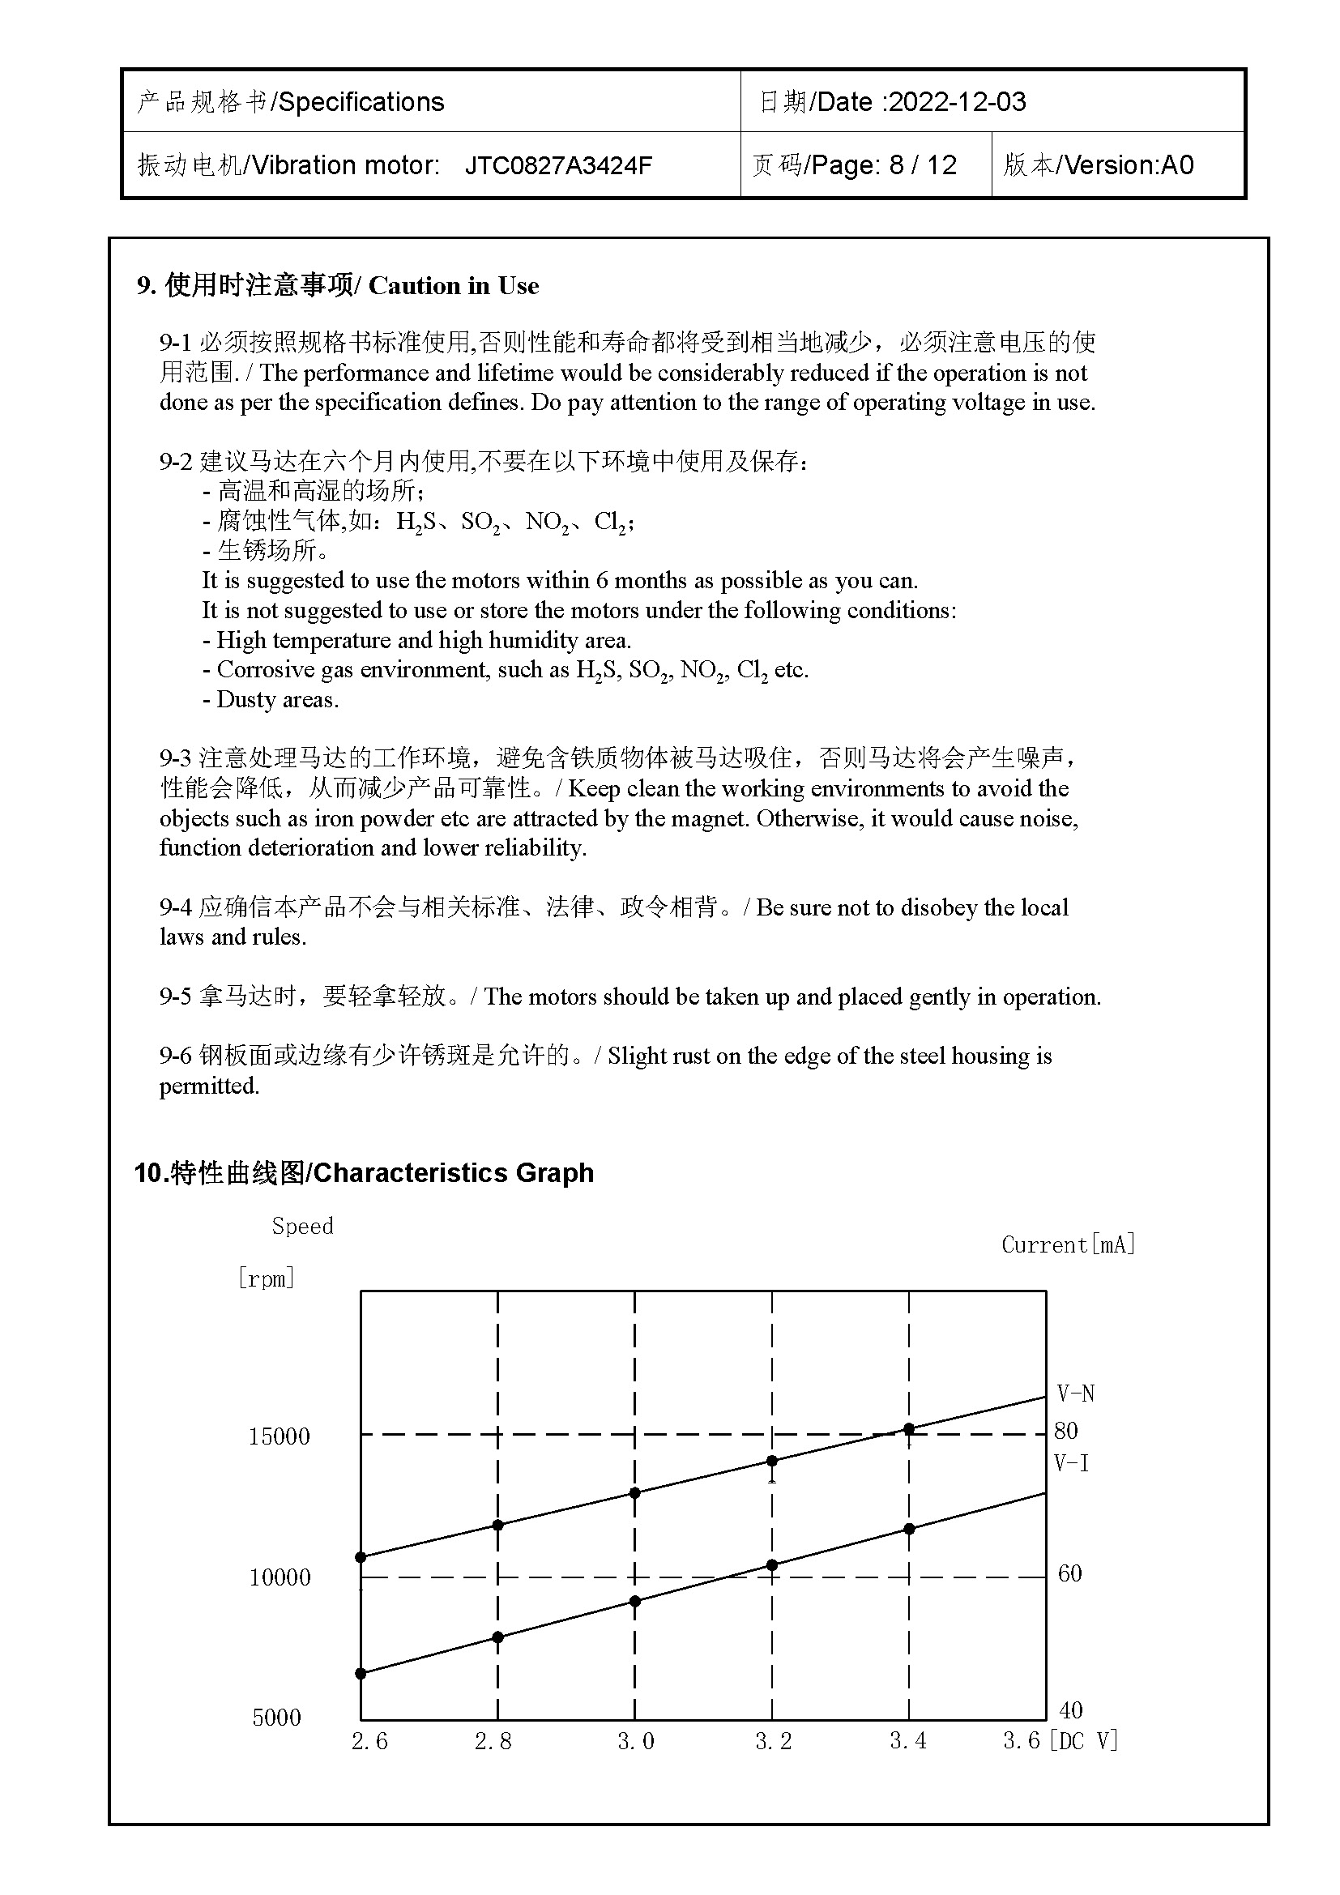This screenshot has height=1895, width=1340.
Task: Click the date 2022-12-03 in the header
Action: [x=957, y=101]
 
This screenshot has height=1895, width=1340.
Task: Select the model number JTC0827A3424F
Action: [x=559, y=165]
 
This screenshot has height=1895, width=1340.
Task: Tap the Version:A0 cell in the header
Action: [x=1129, y=165]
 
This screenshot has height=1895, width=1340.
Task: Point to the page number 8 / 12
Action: [x=923, y=165]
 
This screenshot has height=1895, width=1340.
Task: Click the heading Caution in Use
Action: [x=453, y=285]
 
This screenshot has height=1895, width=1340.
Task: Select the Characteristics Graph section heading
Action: [x=453, y=1172]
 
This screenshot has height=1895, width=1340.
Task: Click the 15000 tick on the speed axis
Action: [x=279, y=1436]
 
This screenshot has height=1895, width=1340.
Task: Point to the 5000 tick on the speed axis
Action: [x=276, y=1718]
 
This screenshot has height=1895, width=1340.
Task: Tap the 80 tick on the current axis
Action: [x=1066, y=1430]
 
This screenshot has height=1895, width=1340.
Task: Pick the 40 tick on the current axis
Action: [x=1070, y=1709]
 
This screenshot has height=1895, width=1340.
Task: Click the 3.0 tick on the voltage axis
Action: [x=635, y=1742]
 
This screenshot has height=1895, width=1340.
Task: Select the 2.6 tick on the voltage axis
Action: [x=369, y=1742]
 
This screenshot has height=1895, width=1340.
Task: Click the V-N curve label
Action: [x=1076, y=1394]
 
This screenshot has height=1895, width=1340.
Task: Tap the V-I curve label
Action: [x=1072, y=1463]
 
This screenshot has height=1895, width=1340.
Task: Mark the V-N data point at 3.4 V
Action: [x=909, y=1428]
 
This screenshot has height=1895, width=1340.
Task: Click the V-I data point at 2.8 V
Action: [x=497, y=1637]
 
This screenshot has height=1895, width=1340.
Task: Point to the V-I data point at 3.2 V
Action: [x=772, y=1565]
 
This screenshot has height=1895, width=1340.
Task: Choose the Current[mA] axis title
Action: [x=1069, y=1244]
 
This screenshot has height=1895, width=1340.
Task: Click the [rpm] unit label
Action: [x=266, y=1278]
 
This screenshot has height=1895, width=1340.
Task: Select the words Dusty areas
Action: [x=277, y=700]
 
